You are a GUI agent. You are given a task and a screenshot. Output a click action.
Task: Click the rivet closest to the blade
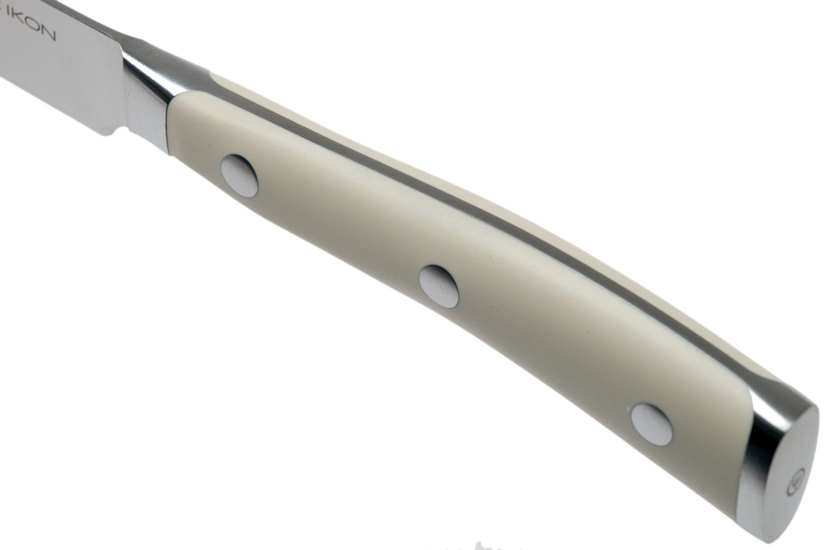coord(239,175)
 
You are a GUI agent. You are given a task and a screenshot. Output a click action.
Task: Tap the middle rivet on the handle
coord(438,285)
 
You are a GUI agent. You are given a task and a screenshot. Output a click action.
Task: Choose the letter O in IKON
coord(36,30)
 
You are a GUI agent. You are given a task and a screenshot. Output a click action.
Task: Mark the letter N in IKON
coord(49,35)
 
